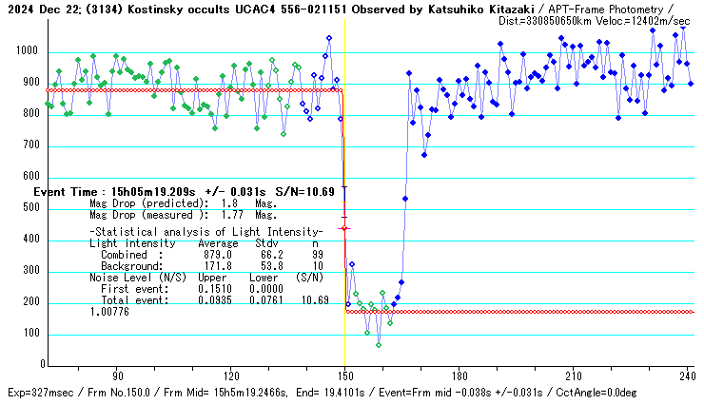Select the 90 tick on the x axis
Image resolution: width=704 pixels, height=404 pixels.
click(117, 376)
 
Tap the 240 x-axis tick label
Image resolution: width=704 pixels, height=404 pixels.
click(686, 376)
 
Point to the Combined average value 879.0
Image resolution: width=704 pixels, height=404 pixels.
click(218, 255)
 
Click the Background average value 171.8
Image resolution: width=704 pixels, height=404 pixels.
click(218, 266)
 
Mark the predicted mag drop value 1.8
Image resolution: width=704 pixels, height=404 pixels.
click(229, 203)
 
